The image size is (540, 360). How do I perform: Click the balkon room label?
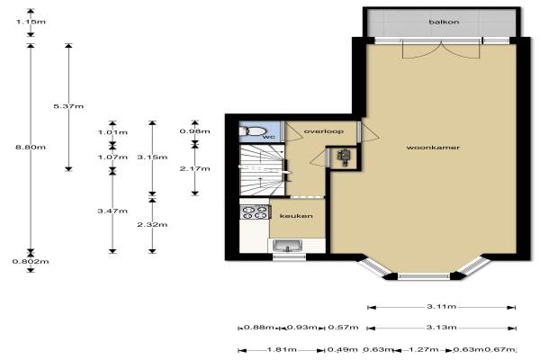pos(444,22)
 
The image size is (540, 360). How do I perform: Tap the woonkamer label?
pos(433,148)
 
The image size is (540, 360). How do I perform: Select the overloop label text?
pos(323,131)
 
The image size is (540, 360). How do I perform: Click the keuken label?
pos(296,216)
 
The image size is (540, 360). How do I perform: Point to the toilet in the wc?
pos(252,131)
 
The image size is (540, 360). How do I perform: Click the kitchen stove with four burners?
pos(256,211)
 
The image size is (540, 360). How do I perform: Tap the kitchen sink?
pos(287,246)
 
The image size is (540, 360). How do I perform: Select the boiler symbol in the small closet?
pos(344,157)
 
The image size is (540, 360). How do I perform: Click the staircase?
pos(263,170)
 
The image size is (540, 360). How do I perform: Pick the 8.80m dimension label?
pos(31,147)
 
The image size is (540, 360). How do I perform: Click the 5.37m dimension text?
pos(68,106)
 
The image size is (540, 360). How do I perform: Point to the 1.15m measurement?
pos(31,22)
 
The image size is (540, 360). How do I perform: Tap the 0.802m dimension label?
pos(31,262)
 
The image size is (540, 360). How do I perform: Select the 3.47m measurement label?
pos(112,211)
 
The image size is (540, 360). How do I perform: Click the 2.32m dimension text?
pos(152,225)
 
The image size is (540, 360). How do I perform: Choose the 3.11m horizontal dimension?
pos(442,306)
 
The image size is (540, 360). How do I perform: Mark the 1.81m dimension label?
pos(282,350)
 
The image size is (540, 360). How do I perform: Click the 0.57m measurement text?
pos(343,327)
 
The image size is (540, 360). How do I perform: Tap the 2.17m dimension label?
pos(195,168)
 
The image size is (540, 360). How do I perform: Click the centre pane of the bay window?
pos(424,276)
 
